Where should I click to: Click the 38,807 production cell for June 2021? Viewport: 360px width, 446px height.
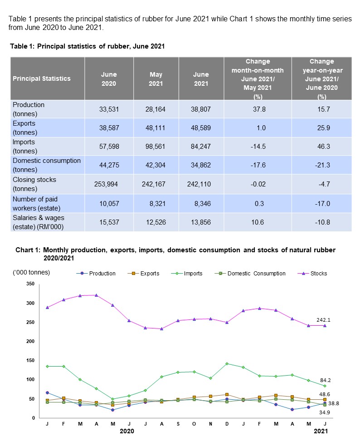(x=198, y=109)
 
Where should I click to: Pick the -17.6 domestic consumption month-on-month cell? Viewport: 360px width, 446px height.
(x=261, y=166)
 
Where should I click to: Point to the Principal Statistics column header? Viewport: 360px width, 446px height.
(x=42, y=78)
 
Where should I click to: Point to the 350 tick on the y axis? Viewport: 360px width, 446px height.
(x=30, y=284)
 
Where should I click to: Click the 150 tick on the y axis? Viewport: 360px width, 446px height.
(x=30, y=360)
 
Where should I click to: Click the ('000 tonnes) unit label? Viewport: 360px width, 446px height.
(x=31, y=272)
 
